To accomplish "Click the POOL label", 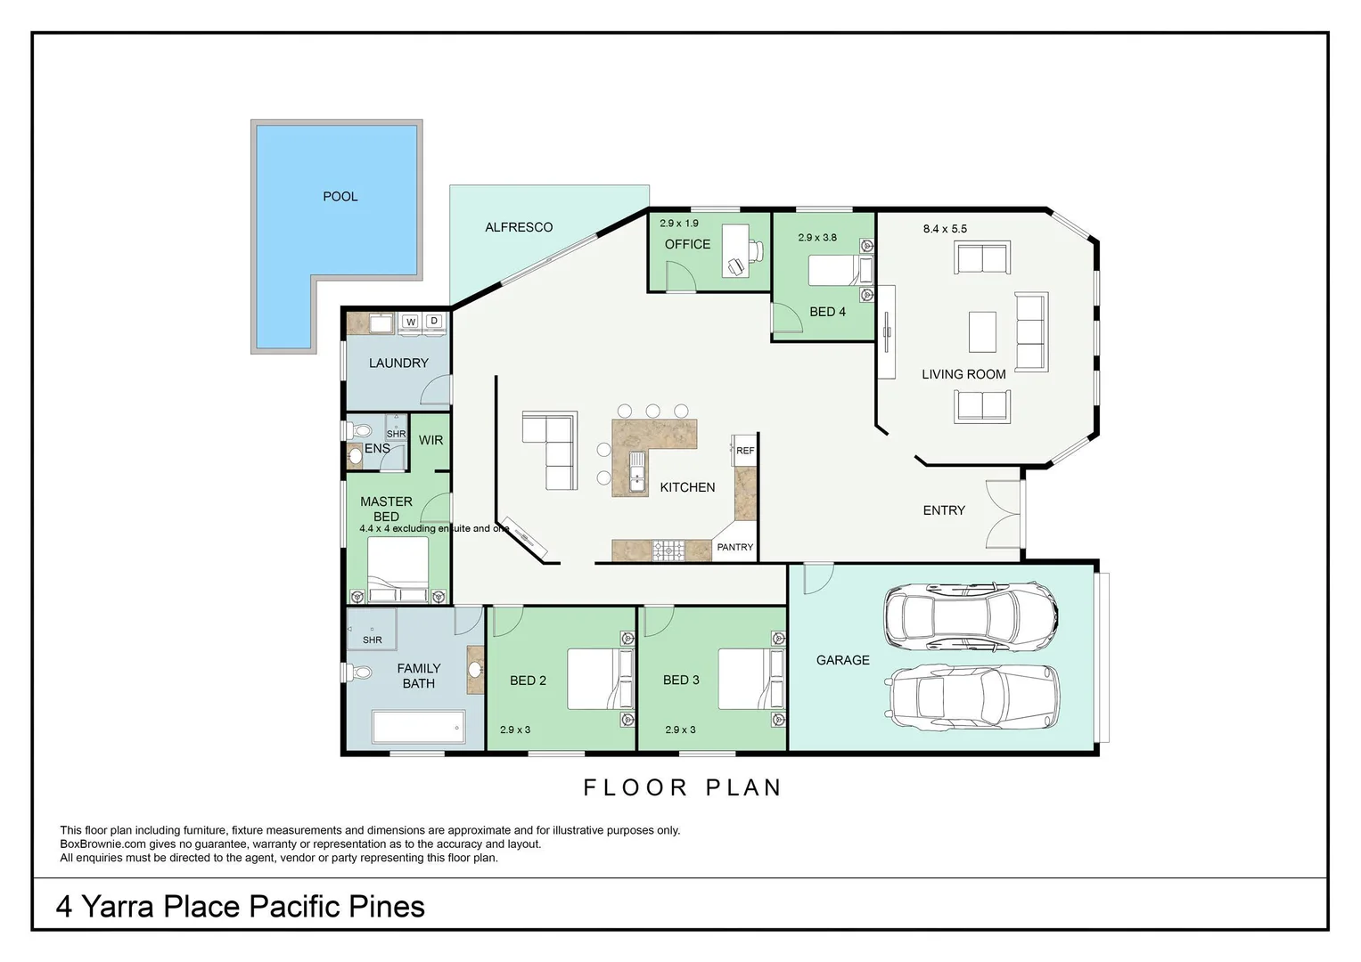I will pos(340,196).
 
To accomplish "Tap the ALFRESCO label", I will pos(519,227).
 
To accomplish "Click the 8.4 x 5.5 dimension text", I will pos(945,229).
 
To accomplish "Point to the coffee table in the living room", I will pos(982,331).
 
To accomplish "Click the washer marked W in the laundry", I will pos(411,322).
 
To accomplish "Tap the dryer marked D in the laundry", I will pos(434,322).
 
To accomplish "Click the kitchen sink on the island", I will pos(638,472).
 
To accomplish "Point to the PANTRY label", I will pos(735,547).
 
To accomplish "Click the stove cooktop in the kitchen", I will pos(668,550).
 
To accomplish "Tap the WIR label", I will pos(430,440).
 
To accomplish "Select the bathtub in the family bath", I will pos(418,727).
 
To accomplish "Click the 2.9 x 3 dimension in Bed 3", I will pos(680,730).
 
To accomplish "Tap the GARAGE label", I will pos(842,660).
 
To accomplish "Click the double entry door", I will pos(1003,516).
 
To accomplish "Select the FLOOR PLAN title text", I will pos(683,787).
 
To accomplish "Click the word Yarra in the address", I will pos(122,907).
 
